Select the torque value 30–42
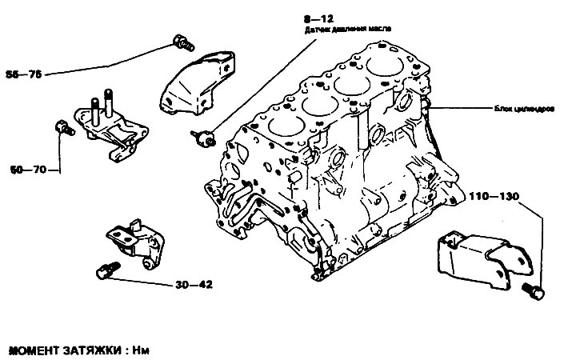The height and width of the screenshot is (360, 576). point(193,285)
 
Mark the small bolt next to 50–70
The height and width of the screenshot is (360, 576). point(59,126)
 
